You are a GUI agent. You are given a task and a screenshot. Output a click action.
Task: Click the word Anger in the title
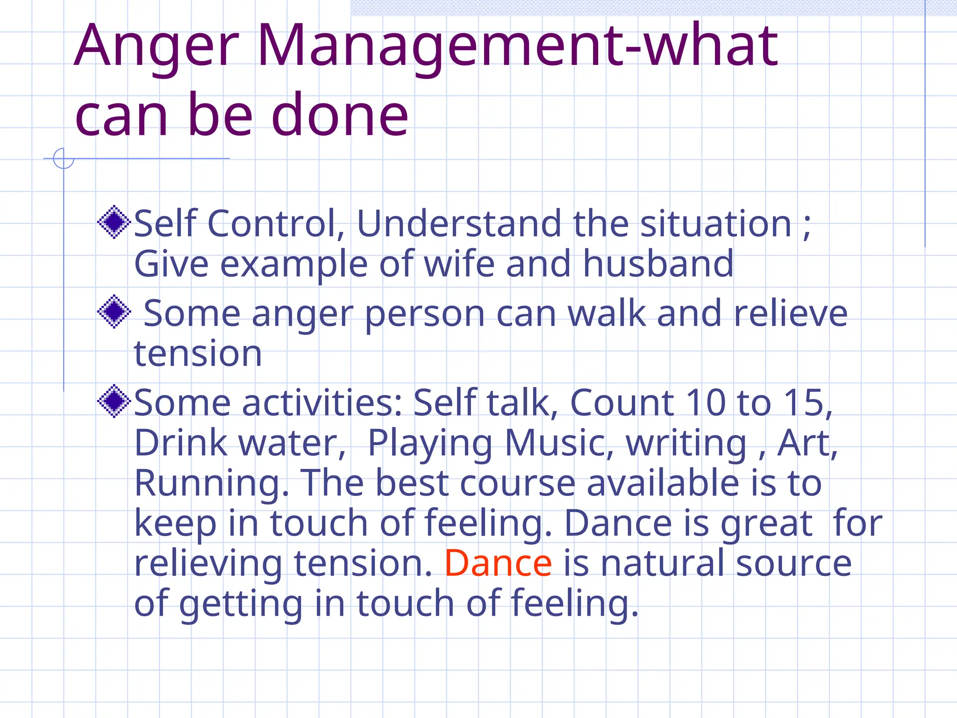coord(157,47)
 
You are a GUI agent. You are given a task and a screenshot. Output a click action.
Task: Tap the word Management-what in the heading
coord(517,47)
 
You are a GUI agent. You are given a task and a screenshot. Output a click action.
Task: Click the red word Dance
coord(498,563)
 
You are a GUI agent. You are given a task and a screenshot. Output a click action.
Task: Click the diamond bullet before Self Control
coord(114,222)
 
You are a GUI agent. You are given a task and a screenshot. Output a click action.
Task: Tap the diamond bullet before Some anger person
coord(114,311)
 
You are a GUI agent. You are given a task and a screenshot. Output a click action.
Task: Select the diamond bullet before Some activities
coord(114,401)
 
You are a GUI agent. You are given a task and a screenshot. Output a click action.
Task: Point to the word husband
coord(658,264)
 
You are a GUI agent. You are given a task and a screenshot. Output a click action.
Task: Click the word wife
coord(459,264)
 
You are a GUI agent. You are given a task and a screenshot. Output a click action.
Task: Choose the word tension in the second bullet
coord(198,353)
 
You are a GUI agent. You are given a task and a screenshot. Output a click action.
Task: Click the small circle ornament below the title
coord(64,158)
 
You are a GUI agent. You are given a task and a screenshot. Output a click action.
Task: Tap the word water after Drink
coord(292,443)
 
